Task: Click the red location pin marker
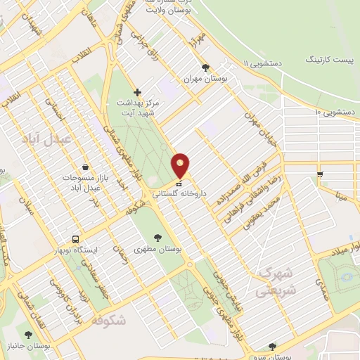[x=181, y=166]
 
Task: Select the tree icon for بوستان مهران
[x=205, y=68]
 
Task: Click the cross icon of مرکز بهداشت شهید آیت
[x=137, y=92]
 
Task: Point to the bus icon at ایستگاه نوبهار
[x=75, y=238]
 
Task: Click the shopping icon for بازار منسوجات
[x=85, y=167]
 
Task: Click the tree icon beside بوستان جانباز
[x=28, y=335]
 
